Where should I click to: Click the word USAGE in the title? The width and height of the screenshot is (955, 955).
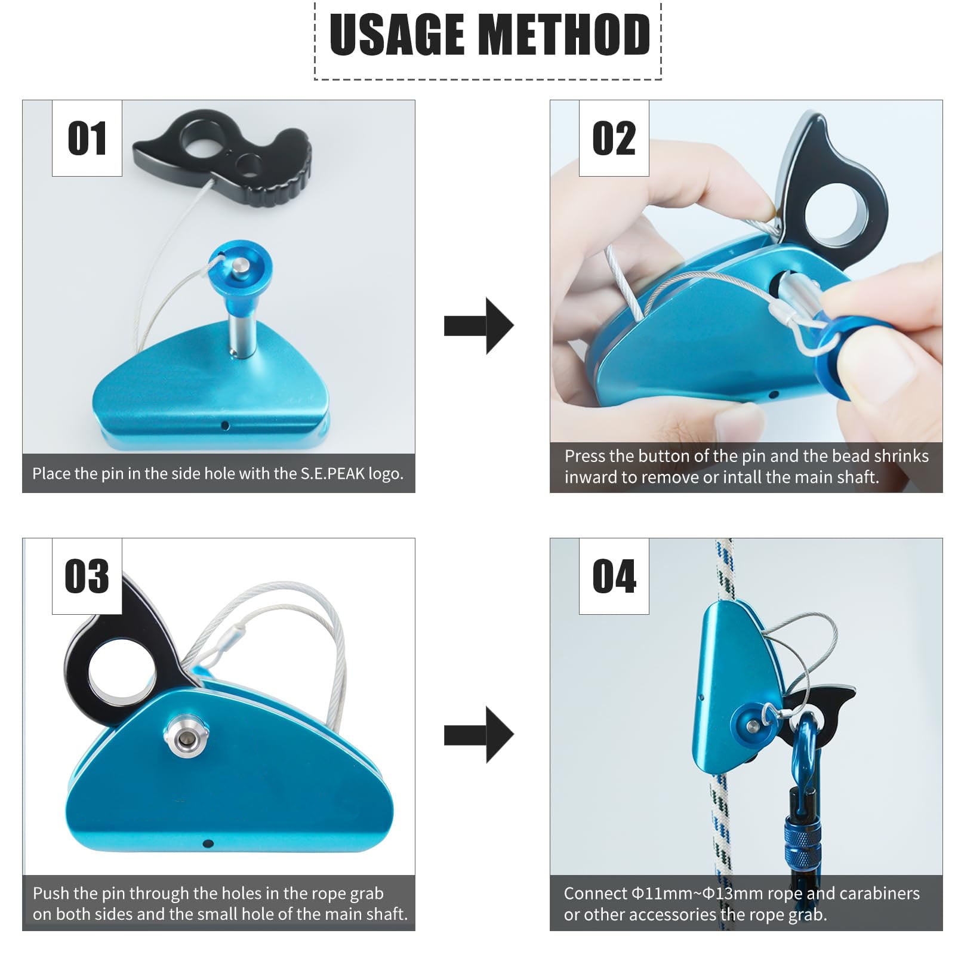396,34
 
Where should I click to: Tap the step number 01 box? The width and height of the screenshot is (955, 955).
87,138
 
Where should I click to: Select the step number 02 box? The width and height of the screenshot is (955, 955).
614,138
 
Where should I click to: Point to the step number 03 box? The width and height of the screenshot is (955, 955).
87,577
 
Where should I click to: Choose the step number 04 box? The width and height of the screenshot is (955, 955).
614,577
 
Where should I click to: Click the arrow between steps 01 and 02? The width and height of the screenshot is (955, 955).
479,326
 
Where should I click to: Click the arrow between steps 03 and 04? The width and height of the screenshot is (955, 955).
479,735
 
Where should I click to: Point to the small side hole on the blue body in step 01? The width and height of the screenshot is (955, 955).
225,426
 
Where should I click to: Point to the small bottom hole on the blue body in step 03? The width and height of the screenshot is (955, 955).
208,843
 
